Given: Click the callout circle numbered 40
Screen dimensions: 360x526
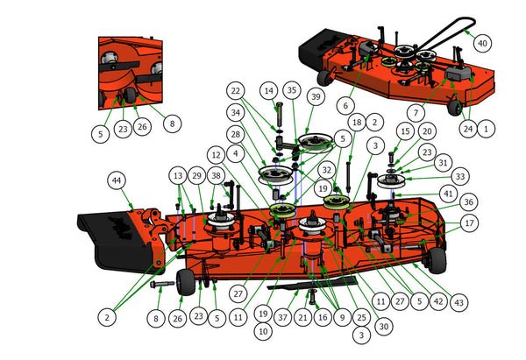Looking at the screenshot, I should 481,42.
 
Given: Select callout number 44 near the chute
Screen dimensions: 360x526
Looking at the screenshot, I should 115,180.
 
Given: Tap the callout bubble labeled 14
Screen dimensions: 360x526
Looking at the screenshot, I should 268,90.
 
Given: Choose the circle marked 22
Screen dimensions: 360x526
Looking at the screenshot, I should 234,90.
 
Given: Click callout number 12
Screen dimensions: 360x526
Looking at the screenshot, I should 216,153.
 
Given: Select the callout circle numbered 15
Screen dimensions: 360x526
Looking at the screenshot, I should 403,131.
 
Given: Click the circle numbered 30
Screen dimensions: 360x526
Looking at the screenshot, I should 381,325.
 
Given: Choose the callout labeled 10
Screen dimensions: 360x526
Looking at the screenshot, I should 262,331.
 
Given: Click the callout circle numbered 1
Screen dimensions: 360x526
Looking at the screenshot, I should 487,128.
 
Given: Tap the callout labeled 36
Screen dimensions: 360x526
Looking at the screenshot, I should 468,201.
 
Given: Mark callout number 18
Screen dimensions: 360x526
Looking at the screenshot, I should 356,122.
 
